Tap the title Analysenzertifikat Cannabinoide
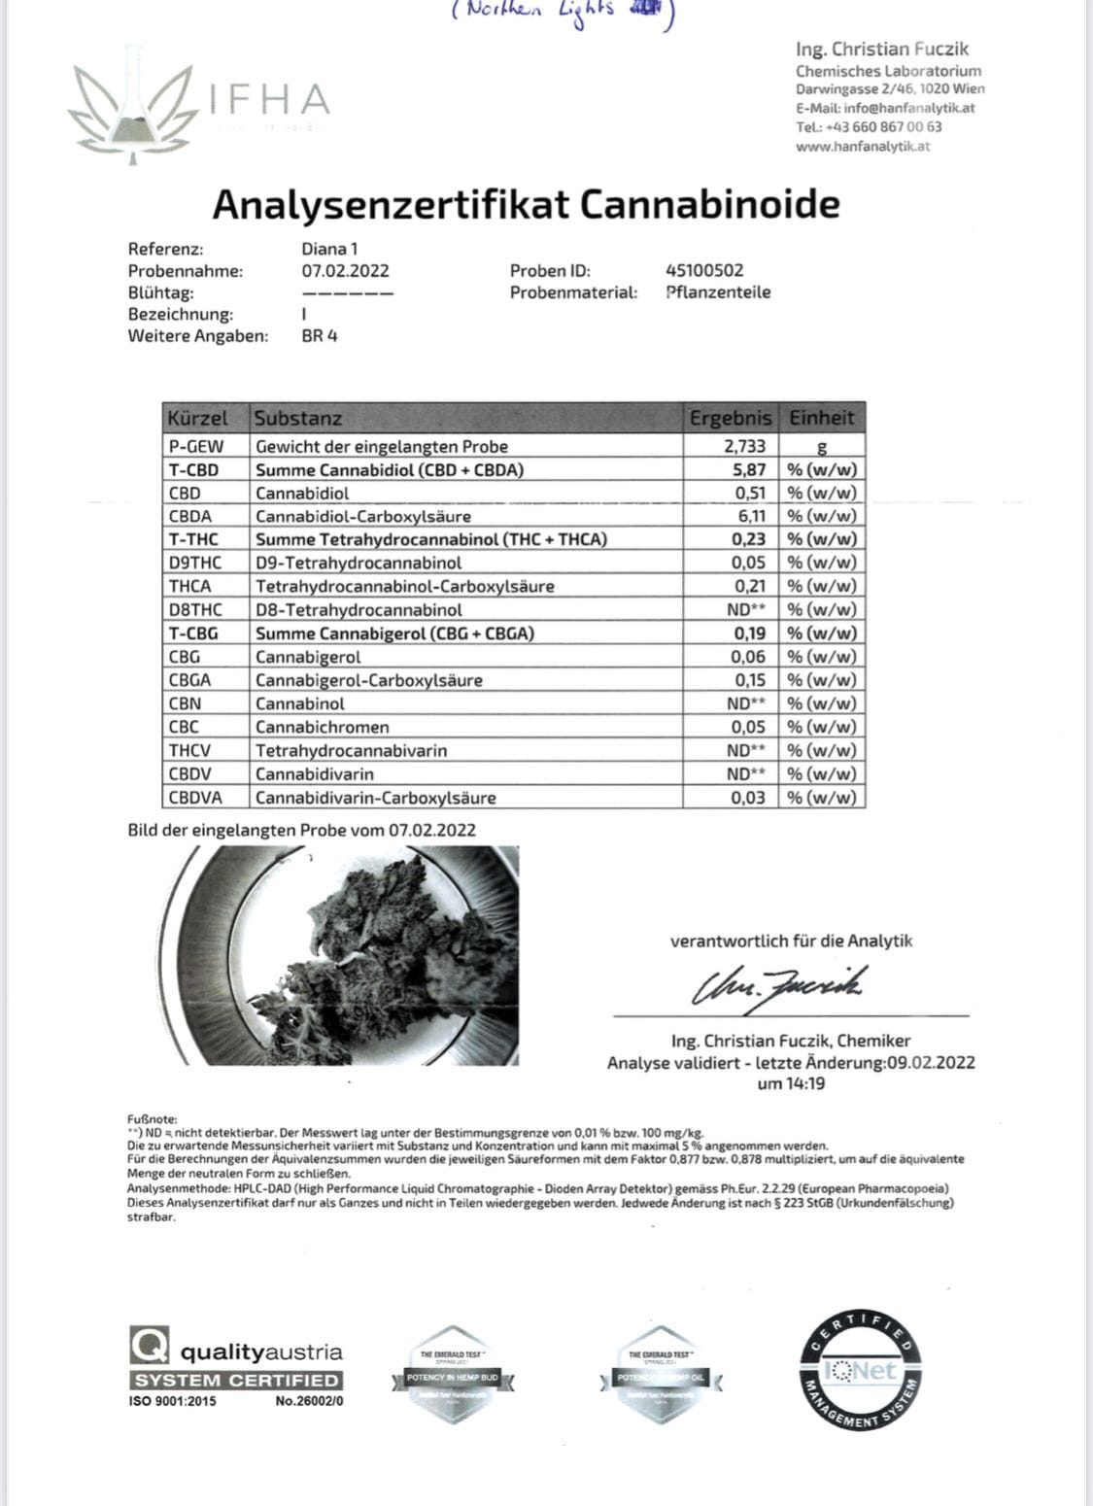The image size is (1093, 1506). click(526, 204)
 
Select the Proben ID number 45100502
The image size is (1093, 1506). click(704, 270)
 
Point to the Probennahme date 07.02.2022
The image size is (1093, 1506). click(345, 271)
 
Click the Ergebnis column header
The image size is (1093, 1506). click(731, 418)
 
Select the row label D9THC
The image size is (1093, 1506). click(194, 563)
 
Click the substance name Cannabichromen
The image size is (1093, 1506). click(323, 727)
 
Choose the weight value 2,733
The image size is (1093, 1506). click(744, 446)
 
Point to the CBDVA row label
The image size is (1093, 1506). click(195, 798)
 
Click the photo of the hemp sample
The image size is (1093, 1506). click(350, 955)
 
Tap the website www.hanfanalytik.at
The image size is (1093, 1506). click(863, 147)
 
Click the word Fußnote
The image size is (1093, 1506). click(153, 1118)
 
